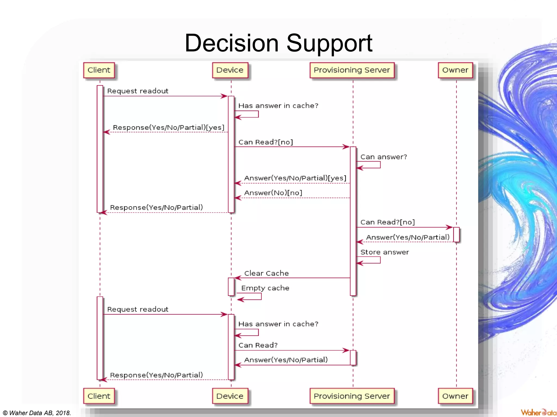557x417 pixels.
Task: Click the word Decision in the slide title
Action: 231,43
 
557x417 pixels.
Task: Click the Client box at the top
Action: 99,70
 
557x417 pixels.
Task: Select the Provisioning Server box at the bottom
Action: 352,396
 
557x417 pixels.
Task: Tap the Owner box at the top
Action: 455,70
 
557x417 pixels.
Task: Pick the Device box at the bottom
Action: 230,396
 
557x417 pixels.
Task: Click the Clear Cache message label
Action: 266,273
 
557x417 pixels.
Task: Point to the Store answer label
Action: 384,252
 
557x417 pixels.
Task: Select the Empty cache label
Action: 265,288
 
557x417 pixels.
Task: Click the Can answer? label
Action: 383,157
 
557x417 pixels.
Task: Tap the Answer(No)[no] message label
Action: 273,193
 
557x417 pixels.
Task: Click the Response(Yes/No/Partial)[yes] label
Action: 169,128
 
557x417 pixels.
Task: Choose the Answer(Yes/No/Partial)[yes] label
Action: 295,178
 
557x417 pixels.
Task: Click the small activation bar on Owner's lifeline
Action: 456,235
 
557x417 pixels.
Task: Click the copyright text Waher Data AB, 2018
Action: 37,413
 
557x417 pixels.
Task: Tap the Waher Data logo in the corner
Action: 538,412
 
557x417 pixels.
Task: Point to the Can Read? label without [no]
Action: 258,345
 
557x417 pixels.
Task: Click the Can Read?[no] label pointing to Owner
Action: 387,222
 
